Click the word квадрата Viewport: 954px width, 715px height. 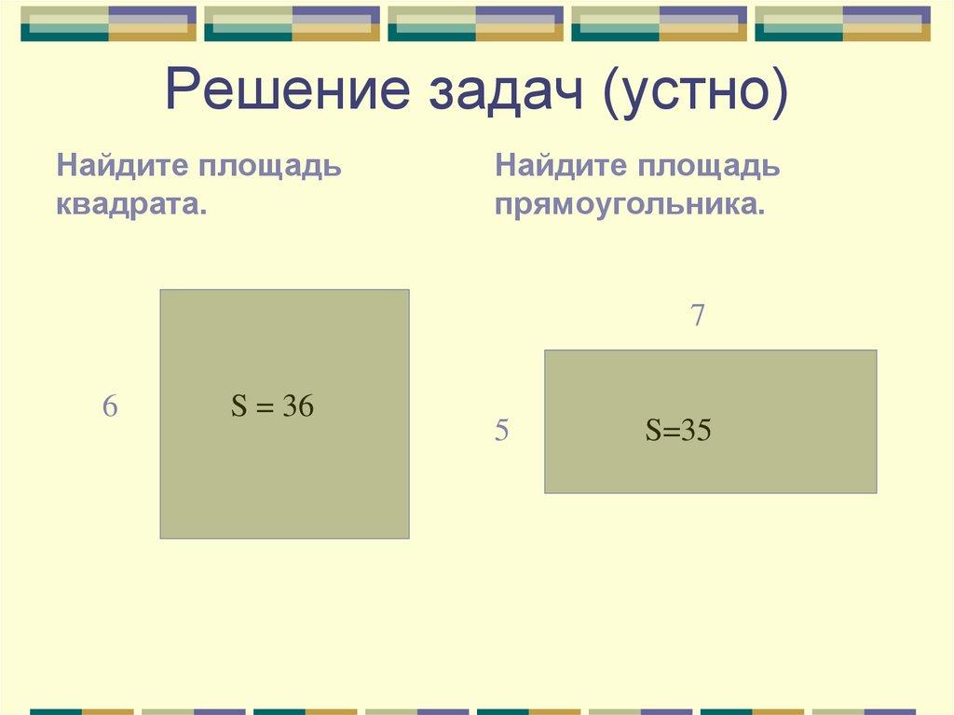click(131, 204)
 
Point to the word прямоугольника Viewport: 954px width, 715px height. click(631, 204)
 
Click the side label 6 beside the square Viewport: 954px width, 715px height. click(110, 407)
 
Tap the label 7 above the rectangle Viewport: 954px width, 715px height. click(697, 317)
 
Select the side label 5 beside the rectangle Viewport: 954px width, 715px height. click(501, 432)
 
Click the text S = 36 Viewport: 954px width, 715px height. click(272, 406)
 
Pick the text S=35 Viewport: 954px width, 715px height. click(678, 431)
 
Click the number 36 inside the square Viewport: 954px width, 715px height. click(298, 406)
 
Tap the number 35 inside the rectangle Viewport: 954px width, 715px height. click(696, 431)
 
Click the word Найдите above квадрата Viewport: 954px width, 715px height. click(116, 167)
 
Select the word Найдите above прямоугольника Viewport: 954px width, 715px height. click(555, 167)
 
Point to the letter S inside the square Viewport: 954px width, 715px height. click(238, 406)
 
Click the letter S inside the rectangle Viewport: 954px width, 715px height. click(653, 431)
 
